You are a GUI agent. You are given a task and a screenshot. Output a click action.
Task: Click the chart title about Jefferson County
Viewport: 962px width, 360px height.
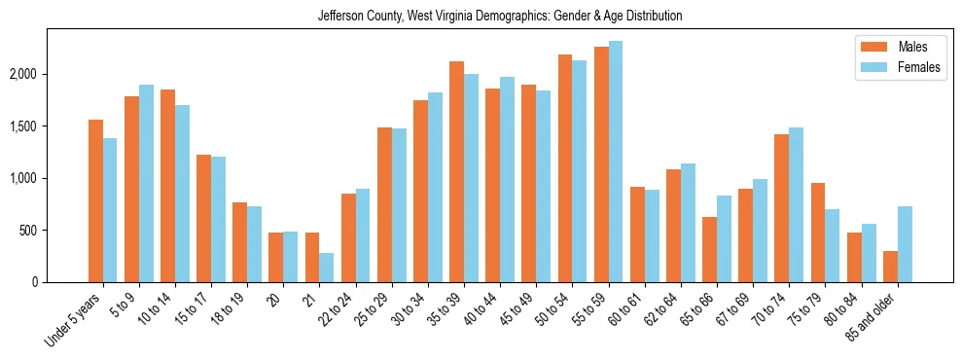point(500,17)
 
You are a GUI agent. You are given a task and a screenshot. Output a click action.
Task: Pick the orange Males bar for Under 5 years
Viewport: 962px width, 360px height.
point(95,200)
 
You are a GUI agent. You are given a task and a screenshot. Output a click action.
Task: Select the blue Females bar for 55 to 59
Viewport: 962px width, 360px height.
point(616,162)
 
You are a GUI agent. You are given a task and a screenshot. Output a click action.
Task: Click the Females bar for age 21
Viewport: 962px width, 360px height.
point(327,268)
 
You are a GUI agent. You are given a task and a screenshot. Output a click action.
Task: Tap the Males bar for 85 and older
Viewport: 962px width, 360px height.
point(890,267)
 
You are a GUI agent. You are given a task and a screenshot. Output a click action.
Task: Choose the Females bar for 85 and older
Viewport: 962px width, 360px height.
point(905,244)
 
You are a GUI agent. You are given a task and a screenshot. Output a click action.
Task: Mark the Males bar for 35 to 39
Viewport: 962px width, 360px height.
point(456,171)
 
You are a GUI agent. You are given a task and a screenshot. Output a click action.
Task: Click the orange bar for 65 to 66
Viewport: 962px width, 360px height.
point(709,249)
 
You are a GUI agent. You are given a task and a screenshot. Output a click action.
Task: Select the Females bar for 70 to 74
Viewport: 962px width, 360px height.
point(797,204)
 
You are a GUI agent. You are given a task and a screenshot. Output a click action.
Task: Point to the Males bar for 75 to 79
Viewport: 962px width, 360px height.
point(818,233)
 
